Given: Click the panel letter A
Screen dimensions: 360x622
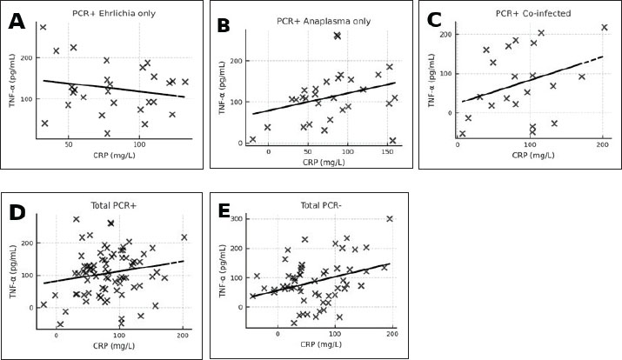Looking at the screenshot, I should [x=17, y=22].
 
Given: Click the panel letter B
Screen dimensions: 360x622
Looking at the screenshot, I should [x=224, y=26].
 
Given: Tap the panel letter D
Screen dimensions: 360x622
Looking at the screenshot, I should [x=17, y=213].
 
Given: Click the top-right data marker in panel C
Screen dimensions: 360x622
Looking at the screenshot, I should [x=605, y=28].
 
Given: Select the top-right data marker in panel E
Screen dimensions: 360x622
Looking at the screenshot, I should [x=390, y=219].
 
